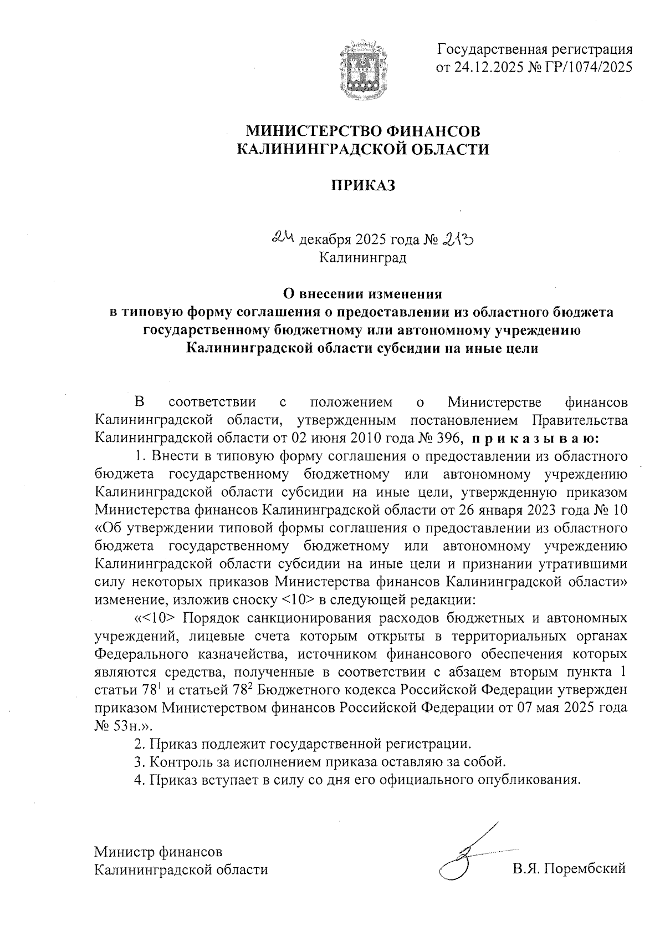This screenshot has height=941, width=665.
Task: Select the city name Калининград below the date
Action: (363, 258)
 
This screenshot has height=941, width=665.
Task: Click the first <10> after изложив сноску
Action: (298, 599)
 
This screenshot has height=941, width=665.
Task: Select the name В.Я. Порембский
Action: (569, 869)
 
